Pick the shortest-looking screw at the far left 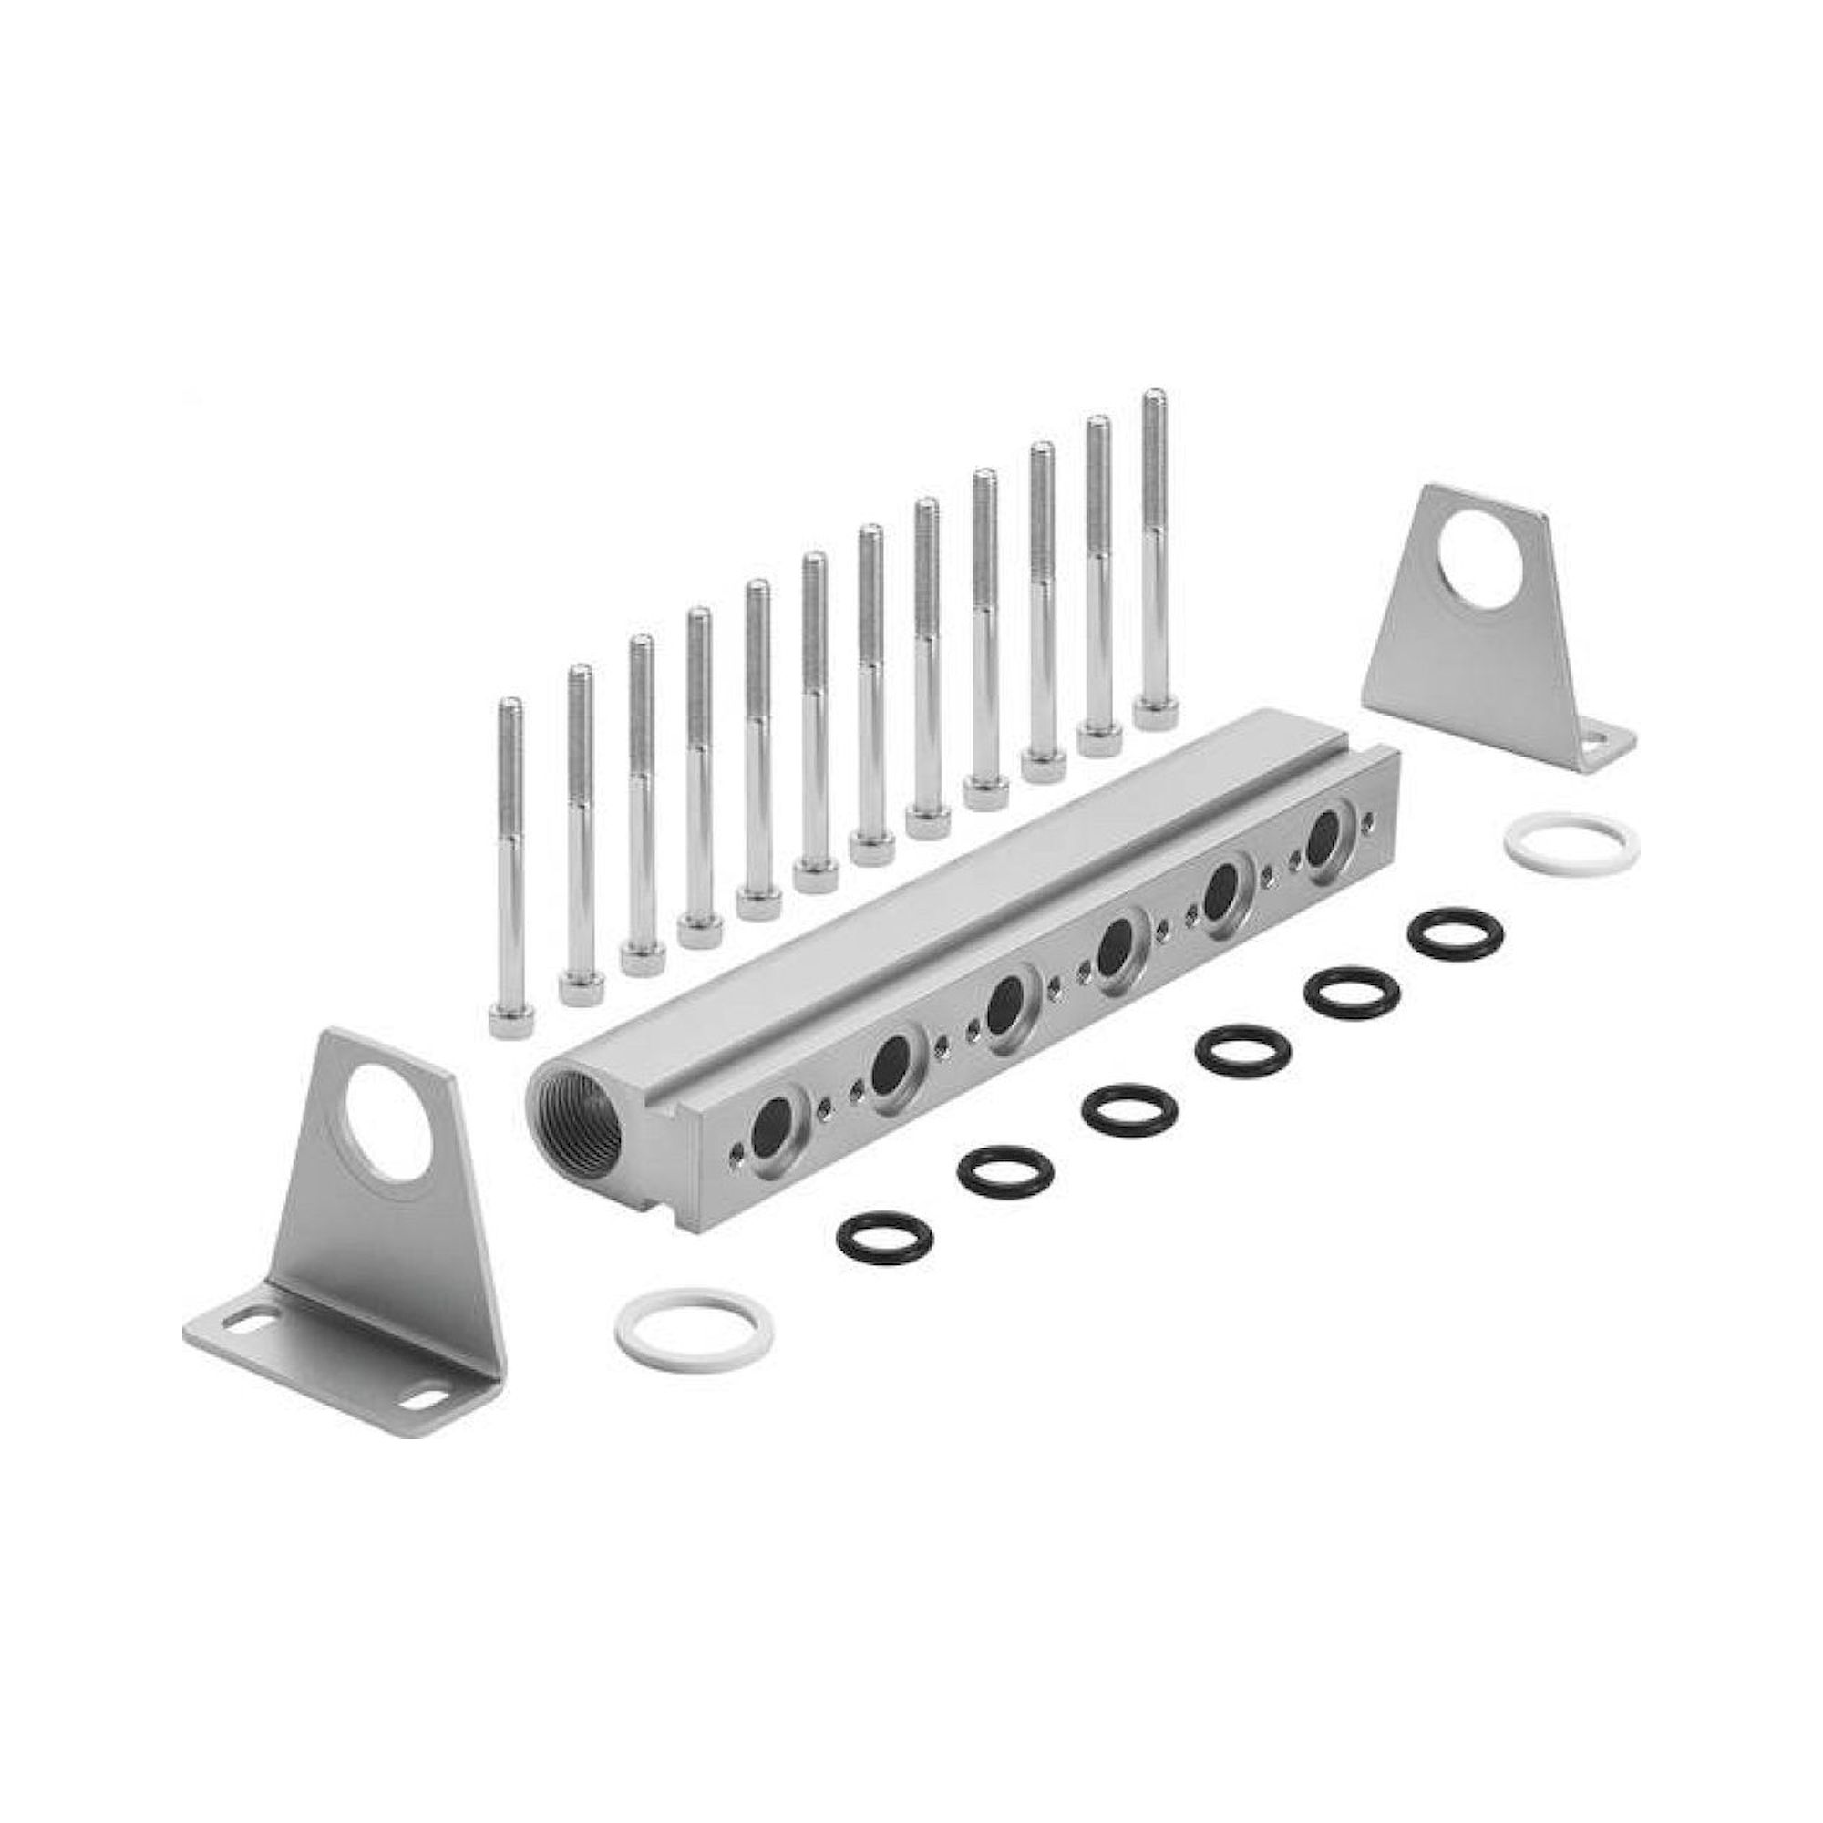(510, 850)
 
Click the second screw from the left (579, 821)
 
